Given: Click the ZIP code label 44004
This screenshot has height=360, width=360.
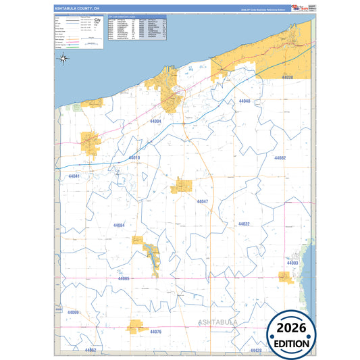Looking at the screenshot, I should click(155, 121).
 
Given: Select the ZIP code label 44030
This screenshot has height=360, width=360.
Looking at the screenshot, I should click(288, 78).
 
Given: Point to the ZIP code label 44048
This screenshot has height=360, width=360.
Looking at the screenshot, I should click(245, 101).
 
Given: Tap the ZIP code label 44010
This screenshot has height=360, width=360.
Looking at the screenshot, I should click(134, 158).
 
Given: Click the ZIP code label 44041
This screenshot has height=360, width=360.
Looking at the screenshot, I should click(74, 176).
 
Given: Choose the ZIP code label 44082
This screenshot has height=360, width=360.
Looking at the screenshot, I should click(280, 157).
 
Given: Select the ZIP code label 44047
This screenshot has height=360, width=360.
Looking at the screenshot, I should click(203, 201).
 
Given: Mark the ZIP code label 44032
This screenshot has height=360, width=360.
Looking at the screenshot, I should click(244, 224).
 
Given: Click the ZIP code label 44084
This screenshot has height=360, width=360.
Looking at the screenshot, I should click(120, 224).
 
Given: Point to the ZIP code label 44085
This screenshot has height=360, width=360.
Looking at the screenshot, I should click(124, 278).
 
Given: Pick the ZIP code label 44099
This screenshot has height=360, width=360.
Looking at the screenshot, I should click(74, 312).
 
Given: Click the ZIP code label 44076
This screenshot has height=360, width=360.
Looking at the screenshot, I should click(156, 332).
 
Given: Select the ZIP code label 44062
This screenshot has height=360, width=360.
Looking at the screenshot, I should click(91, 350).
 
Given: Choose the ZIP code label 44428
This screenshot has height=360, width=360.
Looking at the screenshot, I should click(255, 351).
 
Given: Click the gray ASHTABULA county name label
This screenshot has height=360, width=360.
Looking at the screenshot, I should click(219, 324).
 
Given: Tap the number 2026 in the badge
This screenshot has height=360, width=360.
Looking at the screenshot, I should click(292, 328).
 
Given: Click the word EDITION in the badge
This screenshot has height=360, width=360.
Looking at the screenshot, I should click(292, 343).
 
